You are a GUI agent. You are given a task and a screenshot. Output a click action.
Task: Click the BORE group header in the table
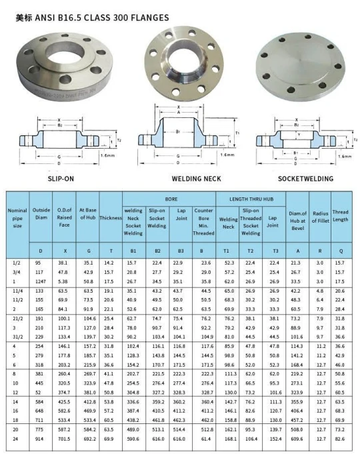169,199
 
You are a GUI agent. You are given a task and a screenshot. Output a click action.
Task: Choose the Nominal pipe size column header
17,217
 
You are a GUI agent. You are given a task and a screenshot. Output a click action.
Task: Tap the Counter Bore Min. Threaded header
203,221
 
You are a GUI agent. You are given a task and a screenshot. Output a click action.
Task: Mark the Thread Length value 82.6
340,440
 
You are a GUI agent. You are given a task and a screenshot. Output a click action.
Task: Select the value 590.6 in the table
133,440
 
